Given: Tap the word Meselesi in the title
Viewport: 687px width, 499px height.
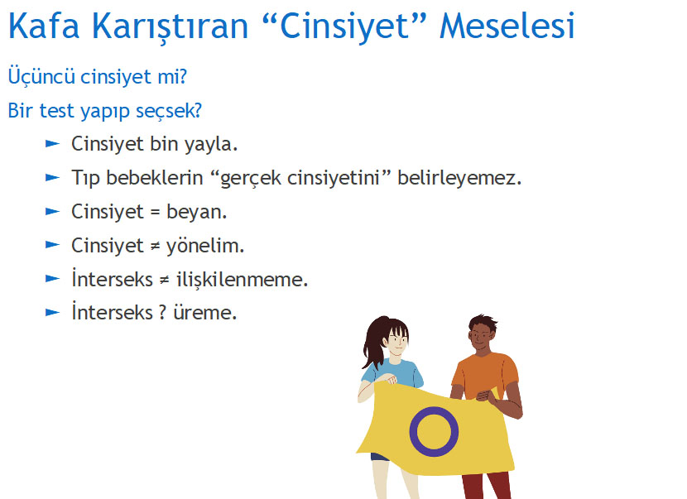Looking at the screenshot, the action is pyautogui.click(x=507, y=26).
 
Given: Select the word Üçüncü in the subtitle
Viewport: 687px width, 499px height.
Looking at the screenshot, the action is pyautogui.click(x=41, y=76).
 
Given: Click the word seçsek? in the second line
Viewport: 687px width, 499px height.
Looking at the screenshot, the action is pyautogui.click(x=169, y=111).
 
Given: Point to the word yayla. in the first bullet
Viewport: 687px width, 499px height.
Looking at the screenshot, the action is pyautogui.click(x=211, y=145).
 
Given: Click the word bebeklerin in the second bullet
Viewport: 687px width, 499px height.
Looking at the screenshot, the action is pyautogui.click(x=155, y=177).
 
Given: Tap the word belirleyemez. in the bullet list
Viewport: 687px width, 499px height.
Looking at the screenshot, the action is pyautogui.click(x=459, y=179).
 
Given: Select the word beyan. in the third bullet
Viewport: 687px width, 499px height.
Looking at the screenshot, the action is pyautogui.click(x=197, y=213).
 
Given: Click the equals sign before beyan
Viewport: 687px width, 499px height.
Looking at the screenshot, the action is pyautogui.click(x=155, y=213).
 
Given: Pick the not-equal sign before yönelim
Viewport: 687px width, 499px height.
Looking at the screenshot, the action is pyautogui.click(x=155, y=247).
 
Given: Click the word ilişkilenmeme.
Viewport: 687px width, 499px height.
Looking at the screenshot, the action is pyautogui.click(x=243, y=280).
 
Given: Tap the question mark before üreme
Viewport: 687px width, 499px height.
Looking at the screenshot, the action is pyautogui.click(x=162, y=313).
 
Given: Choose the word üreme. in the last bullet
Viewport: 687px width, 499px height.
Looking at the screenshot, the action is pyautogui.click(x=205, y=313).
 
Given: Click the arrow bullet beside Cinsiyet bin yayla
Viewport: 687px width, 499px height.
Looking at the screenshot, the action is pyautogui.click(x=53, y=144).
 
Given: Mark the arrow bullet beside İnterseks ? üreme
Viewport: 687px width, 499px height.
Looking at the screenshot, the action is pyautogui.click(x=53, y=312).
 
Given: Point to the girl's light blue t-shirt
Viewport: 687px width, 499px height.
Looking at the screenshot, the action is pyautogui.click(x=392, y=374).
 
